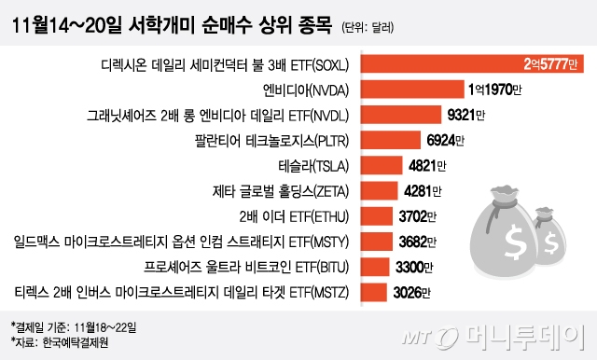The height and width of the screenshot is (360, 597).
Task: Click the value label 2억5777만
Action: (551, 65)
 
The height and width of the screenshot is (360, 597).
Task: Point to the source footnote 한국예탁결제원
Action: (76, 341)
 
